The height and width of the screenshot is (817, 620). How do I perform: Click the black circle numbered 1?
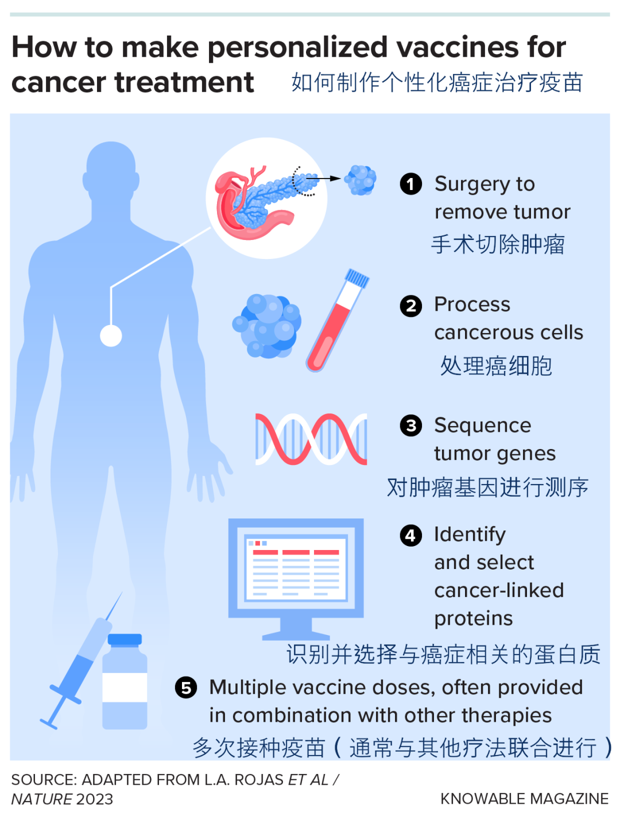click(x=410, y=184)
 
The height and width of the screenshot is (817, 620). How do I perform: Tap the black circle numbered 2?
click(x=410, y=306)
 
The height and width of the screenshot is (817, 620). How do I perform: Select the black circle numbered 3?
click(x=410, y=426)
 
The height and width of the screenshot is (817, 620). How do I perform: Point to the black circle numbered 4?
click(x=410, y=535)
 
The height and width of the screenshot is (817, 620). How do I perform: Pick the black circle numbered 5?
click(x=185, y=687)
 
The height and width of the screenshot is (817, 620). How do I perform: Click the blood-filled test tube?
click(x=337, y=322)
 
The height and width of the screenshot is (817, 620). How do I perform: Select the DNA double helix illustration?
click(x=311, y=439)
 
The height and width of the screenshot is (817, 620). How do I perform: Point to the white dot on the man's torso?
click(x=111, y=336)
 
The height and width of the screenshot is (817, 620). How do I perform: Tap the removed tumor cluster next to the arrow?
click(x=361, y=180)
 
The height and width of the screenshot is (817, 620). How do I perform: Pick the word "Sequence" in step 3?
click(x=482, y=425)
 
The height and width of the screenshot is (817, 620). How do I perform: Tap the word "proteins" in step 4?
click(x=473, y=618)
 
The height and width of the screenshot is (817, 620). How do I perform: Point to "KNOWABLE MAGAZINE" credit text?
click(x=524, y=799)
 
